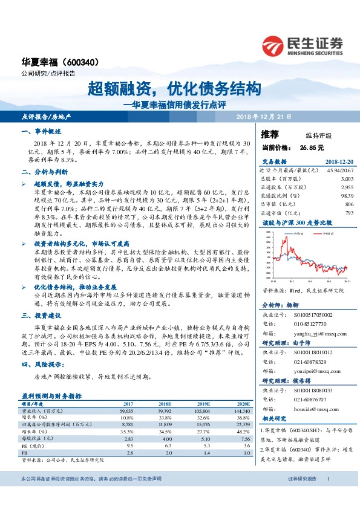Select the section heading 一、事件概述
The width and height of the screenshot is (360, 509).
pos(41,131)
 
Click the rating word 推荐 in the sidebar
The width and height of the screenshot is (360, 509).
pos(270,134)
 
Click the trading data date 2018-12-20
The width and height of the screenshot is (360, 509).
pos(339,162)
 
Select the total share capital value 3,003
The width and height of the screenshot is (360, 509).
pos(347,180)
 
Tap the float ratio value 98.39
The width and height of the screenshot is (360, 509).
pos(346,196)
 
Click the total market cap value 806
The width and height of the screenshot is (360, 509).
pos(349,204)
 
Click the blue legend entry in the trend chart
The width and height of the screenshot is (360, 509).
pos(297,231)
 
